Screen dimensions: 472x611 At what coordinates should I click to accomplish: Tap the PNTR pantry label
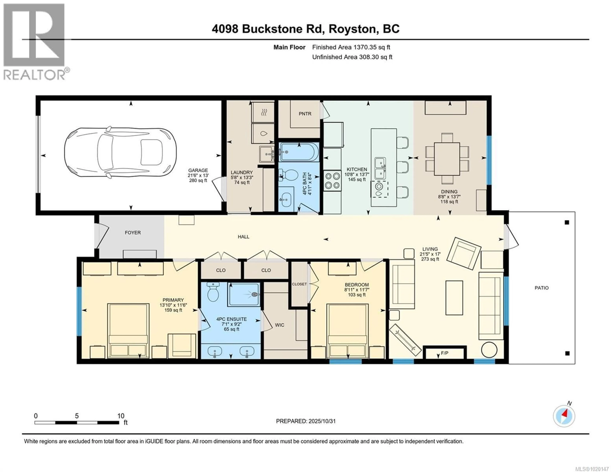pyautogui.click(x=305, y=114)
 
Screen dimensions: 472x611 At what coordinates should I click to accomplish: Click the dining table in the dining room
pyautogui.click(x=447, y=159)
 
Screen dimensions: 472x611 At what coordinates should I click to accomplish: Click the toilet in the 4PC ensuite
pyautogui.click(x=213, y=292)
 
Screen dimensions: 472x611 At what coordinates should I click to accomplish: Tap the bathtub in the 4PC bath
pyautogui.click(x=299, y=152)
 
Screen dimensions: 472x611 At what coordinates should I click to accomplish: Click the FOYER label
pyautogui.click(x=133, y=233)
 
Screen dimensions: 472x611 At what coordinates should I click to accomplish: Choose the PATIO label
pyautogui.click(x=541, y=288)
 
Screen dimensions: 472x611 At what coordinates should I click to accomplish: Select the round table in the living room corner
pyautogui.click(x=489, y=350)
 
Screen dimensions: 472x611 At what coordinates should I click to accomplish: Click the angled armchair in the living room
pyautogui.click(x=464, y=253)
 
